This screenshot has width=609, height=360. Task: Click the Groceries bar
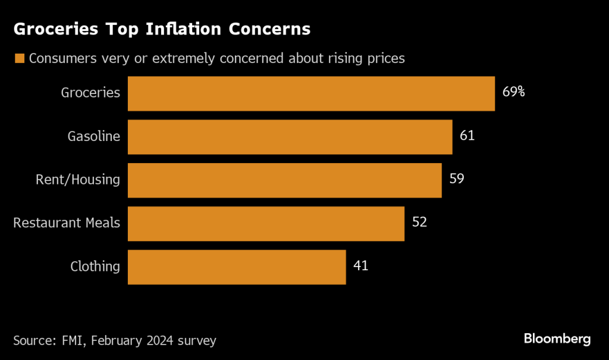tap(311, 93)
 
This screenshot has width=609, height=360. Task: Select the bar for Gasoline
tap(290, 137)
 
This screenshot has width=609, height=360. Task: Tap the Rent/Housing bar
tap(284, 180)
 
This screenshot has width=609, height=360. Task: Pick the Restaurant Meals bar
tap(266, 223)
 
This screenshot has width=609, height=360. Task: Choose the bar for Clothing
tap(237, 267)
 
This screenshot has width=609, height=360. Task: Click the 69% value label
tap(513, 92)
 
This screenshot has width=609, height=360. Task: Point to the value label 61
tap(467, 136)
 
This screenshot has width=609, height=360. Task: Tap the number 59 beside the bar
tap(456, 179)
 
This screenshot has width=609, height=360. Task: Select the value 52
tap(419, 222)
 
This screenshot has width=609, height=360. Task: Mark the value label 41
tap(360, 265)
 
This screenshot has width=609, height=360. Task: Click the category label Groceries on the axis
tap(90, 93)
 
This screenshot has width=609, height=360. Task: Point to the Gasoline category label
tap(93, 136)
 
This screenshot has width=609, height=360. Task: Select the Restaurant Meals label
tap(67, 223)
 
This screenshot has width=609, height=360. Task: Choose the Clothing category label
tap(95, 267)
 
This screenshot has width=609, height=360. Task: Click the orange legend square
tap(20, 58)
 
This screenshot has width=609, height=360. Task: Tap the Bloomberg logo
tap(557, 339)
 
